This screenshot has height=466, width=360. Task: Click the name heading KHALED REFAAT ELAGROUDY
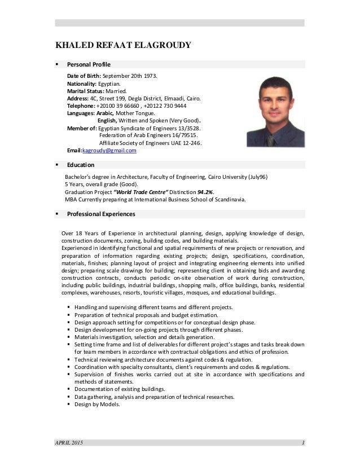point(122,46)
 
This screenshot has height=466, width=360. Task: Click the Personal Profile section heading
point(89,64)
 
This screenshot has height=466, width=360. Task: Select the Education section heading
point(81,165)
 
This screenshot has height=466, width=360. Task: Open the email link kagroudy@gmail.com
point(109,151)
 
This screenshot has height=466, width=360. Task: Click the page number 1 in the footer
point(303,442)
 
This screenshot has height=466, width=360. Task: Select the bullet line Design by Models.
point(97,404)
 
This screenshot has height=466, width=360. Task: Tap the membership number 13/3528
point(188,128)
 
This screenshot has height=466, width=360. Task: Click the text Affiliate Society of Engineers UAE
point(142,143)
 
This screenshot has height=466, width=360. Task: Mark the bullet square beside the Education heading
point(58,165)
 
